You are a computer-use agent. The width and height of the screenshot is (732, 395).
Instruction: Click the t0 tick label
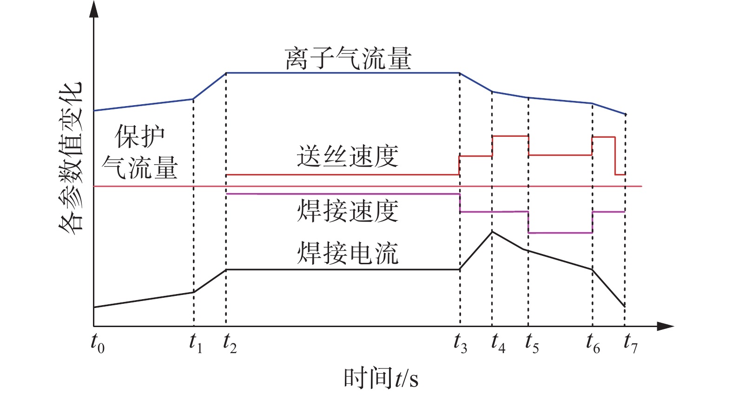(98, 343)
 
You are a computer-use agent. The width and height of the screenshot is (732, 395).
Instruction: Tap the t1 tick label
(196, 343)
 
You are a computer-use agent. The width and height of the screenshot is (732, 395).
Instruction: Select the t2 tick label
(230, 343)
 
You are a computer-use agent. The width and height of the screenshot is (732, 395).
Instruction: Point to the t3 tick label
(460, 343)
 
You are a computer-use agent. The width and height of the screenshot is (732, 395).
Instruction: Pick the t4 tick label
(498, 343)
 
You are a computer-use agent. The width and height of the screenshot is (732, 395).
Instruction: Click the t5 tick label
(532, 343)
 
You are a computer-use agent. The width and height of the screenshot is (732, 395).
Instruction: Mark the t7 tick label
(630, 343)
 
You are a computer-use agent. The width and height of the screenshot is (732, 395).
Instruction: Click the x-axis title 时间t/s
(381, 378)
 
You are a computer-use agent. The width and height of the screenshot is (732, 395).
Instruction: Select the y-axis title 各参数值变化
(71, 156)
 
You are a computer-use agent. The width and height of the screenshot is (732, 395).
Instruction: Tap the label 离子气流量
(348, 59)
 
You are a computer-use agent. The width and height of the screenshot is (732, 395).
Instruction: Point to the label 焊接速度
(348, 211)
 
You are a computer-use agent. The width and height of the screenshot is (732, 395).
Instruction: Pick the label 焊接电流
(348, 253)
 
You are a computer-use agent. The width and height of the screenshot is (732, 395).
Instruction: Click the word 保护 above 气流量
(140, 136)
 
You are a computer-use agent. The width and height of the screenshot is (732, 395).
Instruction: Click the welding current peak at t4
(492, 231)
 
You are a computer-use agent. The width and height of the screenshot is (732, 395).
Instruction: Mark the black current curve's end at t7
(625, 306)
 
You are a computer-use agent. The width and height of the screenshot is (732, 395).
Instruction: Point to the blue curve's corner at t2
(226, 73)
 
